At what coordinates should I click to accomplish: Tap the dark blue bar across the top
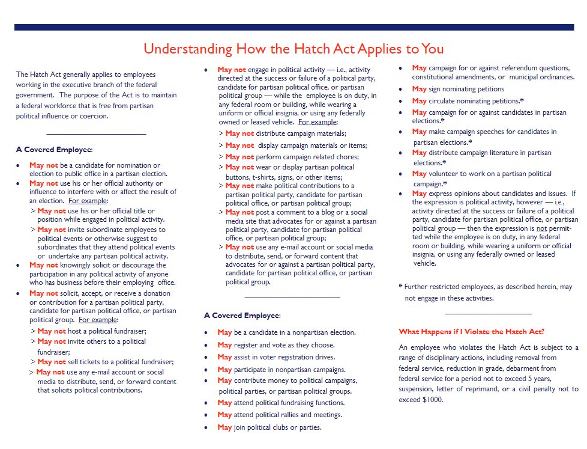point(293,27)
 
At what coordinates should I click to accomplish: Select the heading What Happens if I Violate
point(471,332)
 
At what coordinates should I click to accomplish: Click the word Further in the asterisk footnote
point(421,287)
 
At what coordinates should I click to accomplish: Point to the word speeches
point(482,132)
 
